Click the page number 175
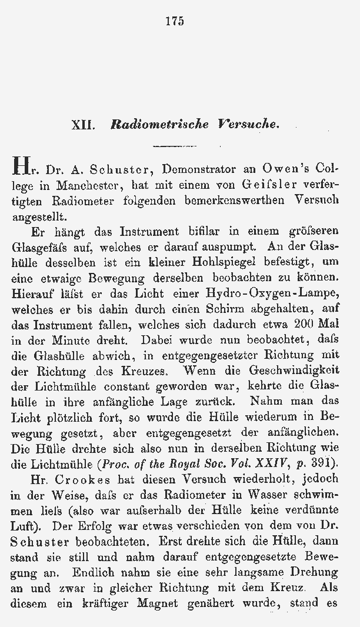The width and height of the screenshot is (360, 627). coord(174,22)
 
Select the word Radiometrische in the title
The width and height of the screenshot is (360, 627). coord(151,125)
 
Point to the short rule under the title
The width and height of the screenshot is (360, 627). coord(174,145)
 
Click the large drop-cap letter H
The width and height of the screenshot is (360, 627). coord(19,169)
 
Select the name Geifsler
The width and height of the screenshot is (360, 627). coord(267,185)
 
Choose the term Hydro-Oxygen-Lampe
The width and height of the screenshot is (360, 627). coord(272,292)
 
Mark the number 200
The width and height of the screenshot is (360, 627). coord(304,323)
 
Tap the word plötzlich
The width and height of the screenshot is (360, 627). coord(65,417)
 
